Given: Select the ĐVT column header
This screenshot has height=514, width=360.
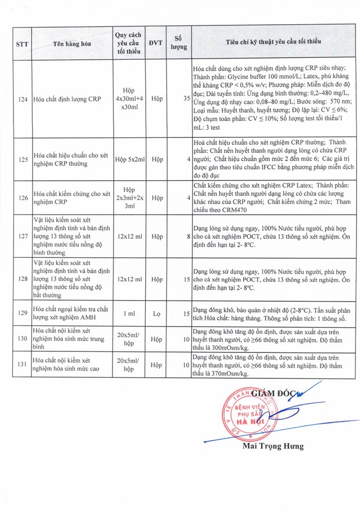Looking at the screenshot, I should click(157, 43).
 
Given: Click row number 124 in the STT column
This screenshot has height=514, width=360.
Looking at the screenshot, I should click(23, 99).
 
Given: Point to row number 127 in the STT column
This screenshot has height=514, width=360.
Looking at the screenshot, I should click(23, 236).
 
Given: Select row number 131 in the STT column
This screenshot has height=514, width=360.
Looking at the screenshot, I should click(23, 364).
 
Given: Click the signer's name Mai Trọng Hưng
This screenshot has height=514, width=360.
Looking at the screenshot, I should click(273, 446).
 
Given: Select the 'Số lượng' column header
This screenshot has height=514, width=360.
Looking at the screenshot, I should click(179, 43).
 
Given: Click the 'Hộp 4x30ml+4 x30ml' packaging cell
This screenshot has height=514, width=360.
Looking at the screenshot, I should click(130, 99).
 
